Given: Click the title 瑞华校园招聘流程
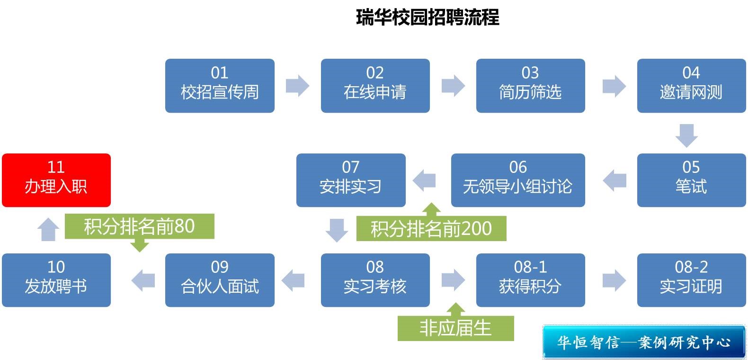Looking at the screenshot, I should pos(427,18).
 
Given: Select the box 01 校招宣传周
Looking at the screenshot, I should pos(220,86).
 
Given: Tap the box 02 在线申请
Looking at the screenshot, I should pos(375,86).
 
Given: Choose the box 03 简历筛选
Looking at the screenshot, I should pos(530,86).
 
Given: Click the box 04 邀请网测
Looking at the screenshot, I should pos(691,86).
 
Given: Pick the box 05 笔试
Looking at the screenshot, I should pos(691,180).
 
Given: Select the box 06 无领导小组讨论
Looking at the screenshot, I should pos(518,180).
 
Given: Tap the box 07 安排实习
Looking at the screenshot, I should pos(351,180).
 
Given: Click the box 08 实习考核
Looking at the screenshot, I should pos(375,280).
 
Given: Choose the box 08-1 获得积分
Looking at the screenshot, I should pos(530,280).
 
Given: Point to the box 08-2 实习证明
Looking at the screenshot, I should pos(691,280).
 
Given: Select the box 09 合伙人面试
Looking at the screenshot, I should pos(220,280).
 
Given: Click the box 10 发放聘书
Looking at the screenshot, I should pos(56,280).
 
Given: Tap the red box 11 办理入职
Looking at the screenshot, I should pos(56,180).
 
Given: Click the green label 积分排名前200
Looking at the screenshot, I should pos(431,229).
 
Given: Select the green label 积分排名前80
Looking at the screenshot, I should pos(139,226).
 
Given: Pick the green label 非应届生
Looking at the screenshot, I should pos(455,328).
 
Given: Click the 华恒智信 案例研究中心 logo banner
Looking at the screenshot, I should pos(643,342).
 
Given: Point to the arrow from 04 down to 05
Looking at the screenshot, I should pos(686,135).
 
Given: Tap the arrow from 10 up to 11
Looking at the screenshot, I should pos(48,230).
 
